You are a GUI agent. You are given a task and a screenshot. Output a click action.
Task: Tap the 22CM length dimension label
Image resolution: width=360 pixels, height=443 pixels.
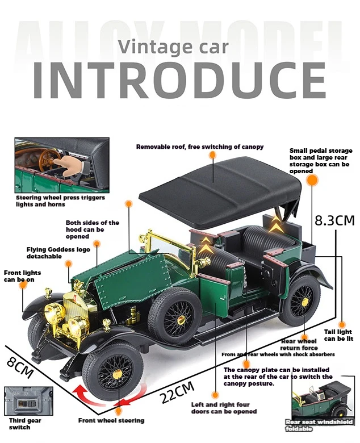pyautogui.click(x=178, y=393)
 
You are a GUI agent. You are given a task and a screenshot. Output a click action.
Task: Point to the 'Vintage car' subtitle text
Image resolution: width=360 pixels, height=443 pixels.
pyautogui.click(x=174, y=46)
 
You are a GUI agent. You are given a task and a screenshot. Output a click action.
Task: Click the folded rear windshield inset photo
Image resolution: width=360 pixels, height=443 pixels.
pyautogui.click(x=322, y=398)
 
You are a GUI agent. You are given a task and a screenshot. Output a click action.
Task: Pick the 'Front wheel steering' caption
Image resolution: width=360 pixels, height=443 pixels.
pyautogui.click(x=111, y=421)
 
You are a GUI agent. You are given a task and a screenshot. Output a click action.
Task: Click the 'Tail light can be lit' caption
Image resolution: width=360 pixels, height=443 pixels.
pyautogui.click(x=338, y=335)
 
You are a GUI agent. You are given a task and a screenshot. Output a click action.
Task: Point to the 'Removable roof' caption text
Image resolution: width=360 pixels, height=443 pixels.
pyautogui.click(x=200, y=147)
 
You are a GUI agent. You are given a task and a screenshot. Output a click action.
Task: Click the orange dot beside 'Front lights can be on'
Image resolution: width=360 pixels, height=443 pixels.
pyautogui.click(x=23, y=285)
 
